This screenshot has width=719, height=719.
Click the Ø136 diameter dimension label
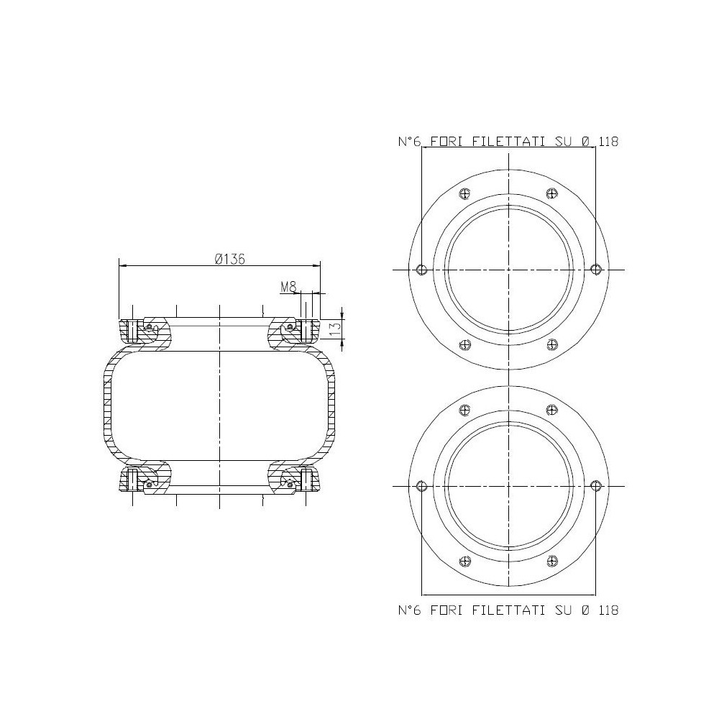230,260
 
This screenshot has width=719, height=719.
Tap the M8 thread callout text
288,287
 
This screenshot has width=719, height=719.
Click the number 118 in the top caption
608,142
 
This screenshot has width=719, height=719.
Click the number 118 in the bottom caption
608,610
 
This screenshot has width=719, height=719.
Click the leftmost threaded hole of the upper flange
422,269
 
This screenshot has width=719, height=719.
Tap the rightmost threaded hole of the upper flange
595,269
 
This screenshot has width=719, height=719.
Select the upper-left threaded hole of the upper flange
465,193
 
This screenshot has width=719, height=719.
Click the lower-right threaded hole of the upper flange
552,344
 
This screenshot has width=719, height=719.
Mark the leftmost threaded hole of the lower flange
422,486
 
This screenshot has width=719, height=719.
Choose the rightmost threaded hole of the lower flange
595,486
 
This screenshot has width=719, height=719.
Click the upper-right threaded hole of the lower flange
552,411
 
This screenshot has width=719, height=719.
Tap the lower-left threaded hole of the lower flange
465,561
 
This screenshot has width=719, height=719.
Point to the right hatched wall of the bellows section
332,406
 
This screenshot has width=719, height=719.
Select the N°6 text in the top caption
409,142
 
